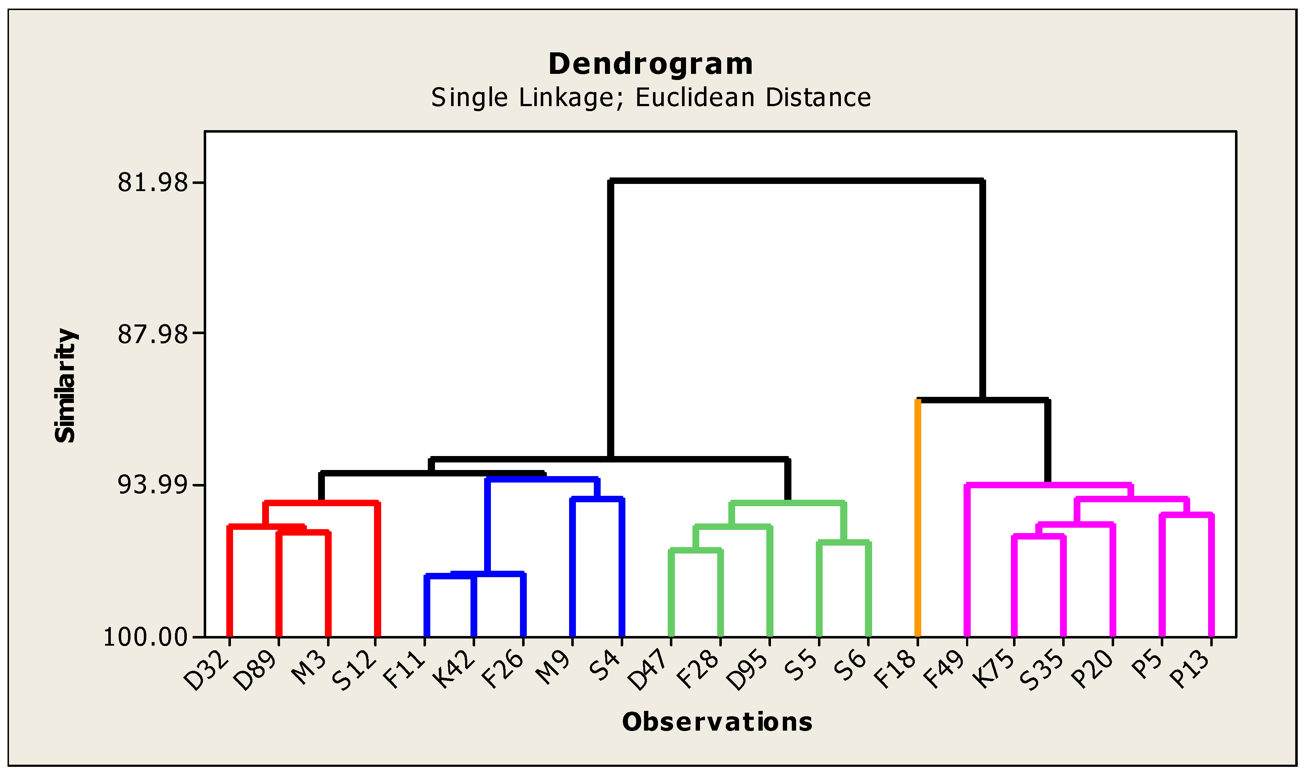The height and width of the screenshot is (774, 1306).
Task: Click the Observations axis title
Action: (717, 722)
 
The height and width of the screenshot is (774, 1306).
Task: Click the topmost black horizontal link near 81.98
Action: (796, 181)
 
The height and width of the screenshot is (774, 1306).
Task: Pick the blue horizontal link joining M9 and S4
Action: (597, 499)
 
